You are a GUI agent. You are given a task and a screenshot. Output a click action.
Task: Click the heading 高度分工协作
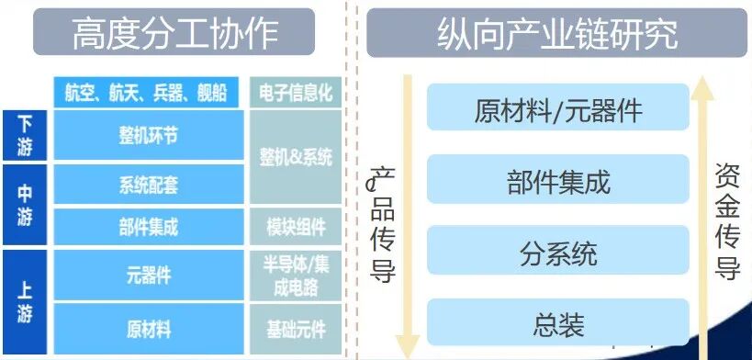(x=174, y=34)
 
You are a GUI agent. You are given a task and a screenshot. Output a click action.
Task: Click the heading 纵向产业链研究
(x=558, y=34)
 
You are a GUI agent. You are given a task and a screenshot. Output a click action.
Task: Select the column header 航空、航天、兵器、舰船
(x=148, y=93)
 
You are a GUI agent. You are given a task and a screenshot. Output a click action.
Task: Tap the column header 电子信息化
(x=296, y=93)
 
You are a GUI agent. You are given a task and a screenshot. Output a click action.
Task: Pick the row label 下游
(x=26, y=136)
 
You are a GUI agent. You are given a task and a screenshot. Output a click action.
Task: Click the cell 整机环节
(x=148, y=136)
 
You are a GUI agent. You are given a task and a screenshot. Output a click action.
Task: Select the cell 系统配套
(x=148, y=185)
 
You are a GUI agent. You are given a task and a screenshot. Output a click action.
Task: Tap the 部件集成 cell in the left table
(x=148, y=227)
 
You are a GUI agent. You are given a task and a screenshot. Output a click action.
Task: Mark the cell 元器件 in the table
(x=148, y=275)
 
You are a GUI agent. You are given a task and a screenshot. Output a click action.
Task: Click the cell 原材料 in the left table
(x=148, y=328)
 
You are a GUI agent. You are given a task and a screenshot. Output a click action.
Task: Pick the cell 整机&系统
(x=296, y=157)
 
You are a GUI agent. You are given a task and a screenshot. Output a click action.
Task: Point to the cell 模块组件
(x=296, y=227)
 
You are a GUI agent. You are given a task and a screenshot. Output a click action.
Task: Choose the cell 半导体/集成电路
(x=296, y=275)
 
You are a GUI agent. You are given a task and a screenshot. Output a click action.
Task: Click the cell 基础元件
(x=296, y=328)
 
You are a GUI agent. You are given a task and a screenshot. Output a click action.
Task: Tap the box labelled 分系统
(x=558, y=253)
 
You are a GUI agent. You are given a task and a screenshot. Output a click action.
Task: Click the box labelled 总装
(x=558, y=323)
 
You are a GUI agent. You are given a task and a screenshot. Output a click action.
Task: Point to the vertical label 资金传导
(x=727, y=220)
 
